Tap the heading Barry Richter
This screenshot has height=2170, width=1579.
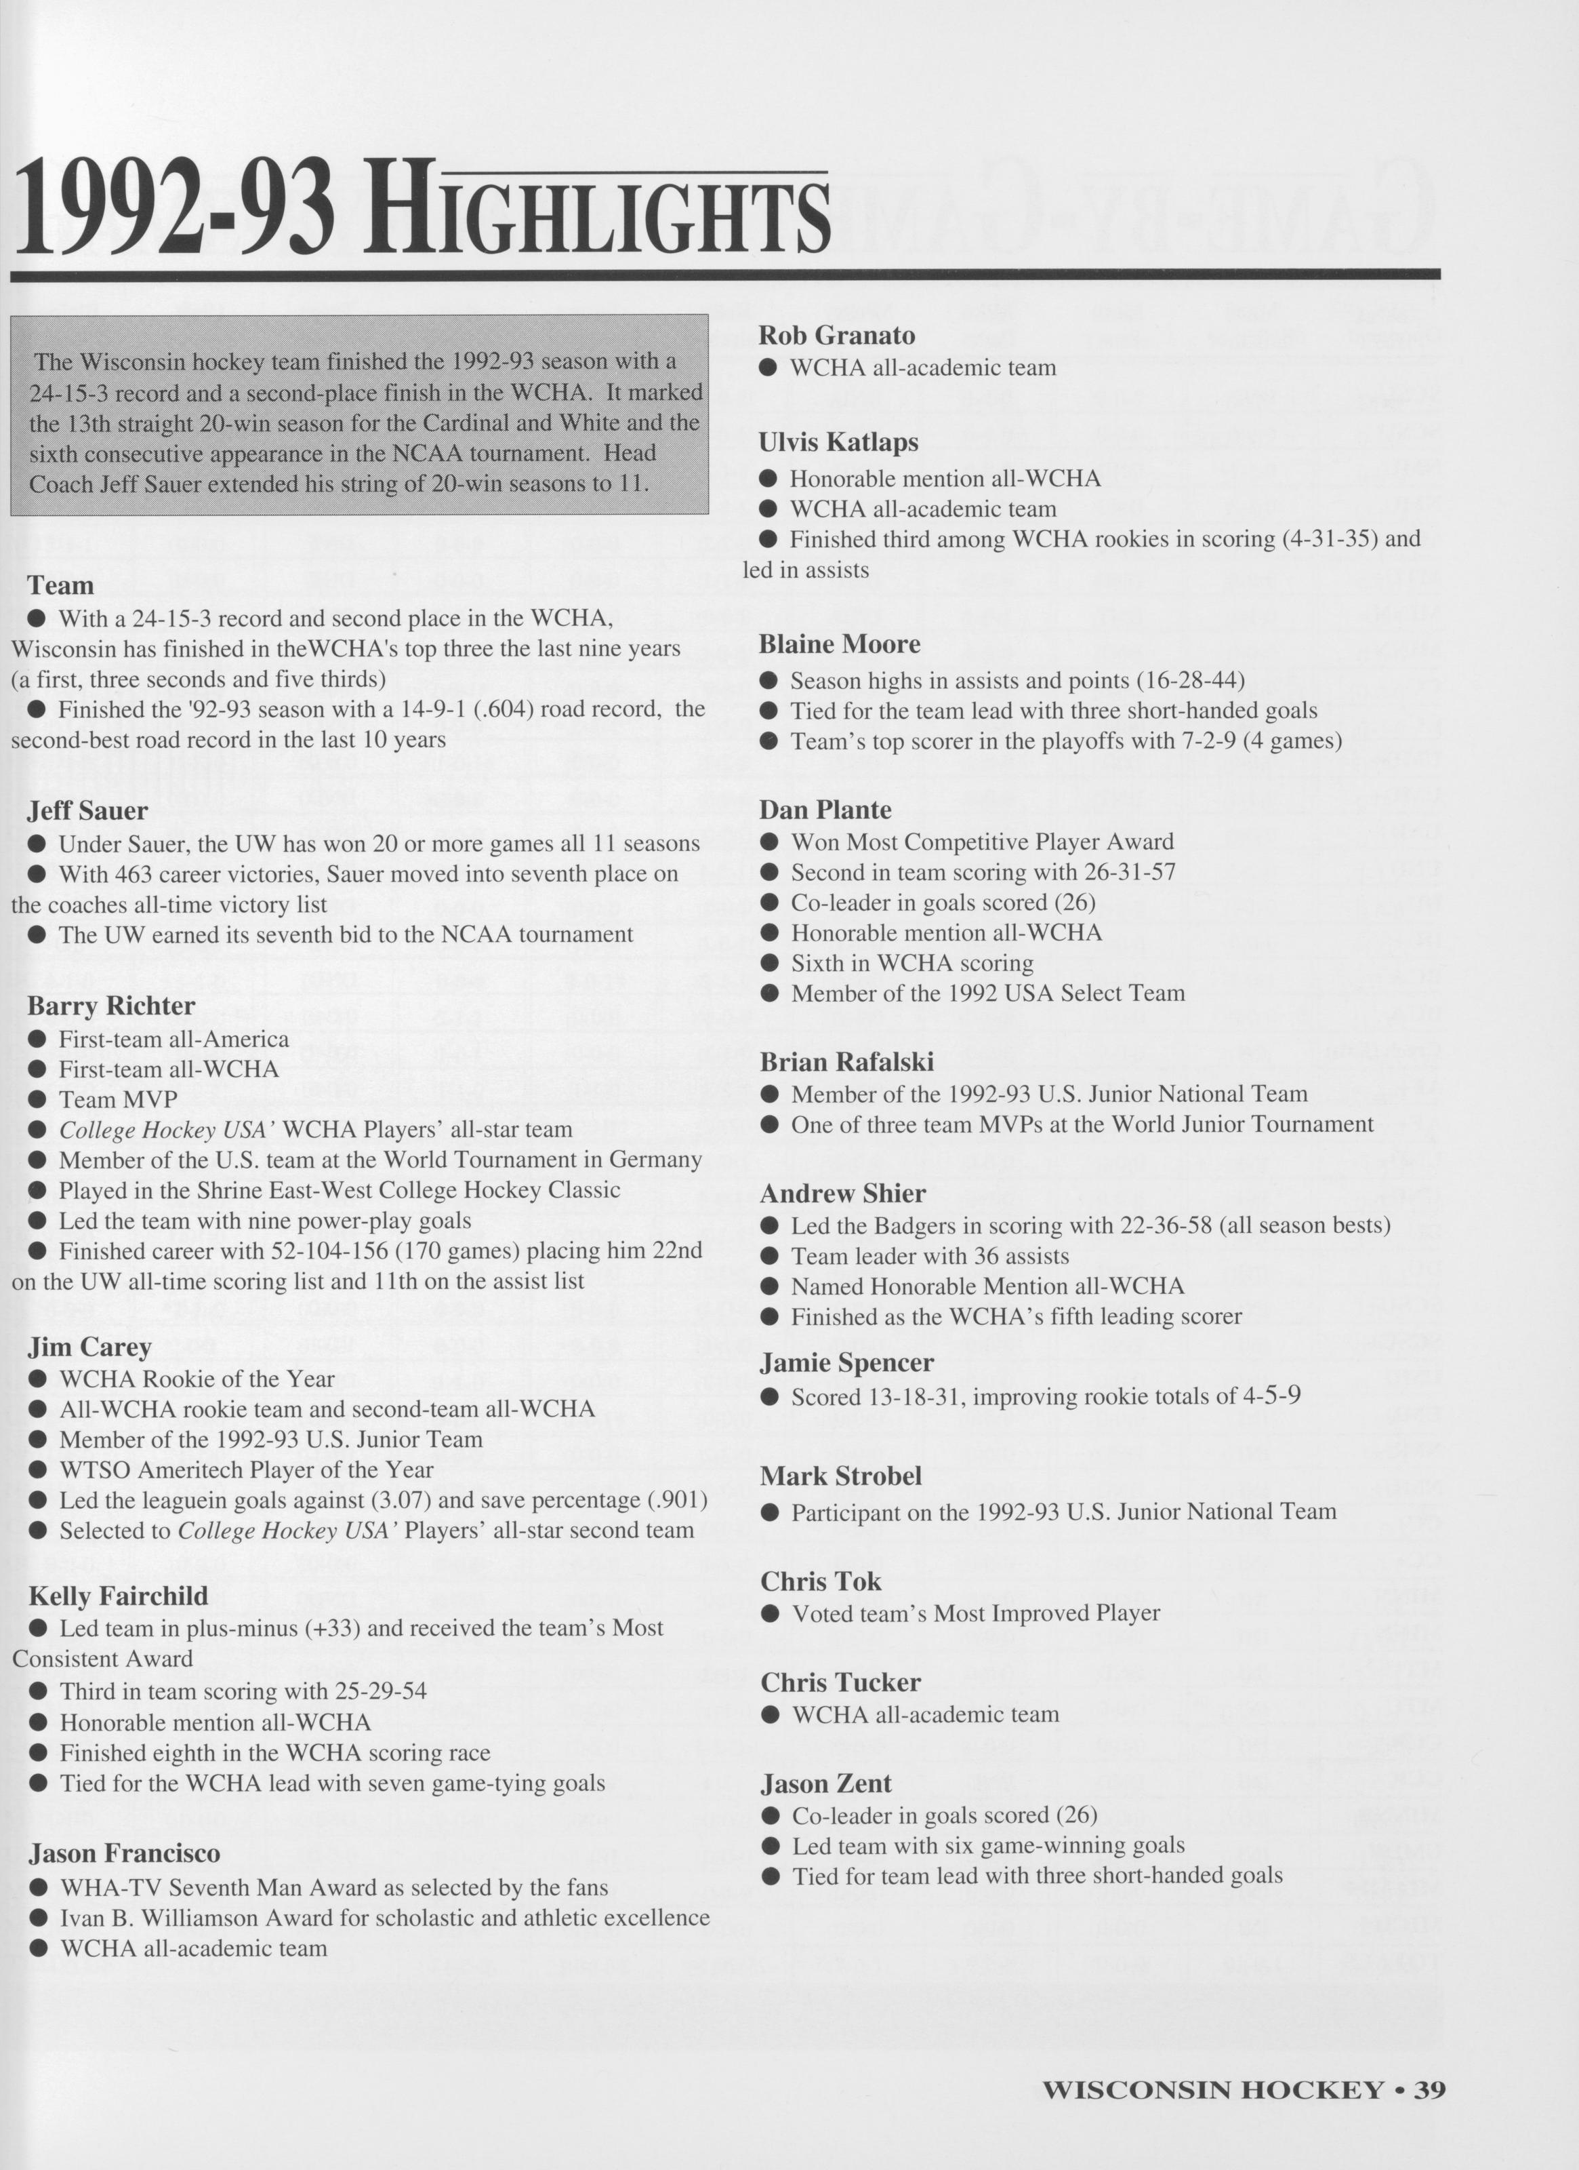tap(111, 1006)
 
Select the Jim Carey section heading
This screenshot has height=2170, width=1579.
tap(90, 1347)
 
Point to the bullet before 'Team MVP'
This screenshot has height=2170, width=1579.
tap(37, 1099)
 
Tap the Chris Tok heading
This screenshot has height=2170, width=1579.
tap(821, 1581)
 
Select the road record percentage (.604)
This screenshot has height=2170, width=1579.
tap(533, 709)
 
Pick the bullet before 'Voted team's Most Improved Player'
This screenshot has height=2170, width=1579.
tap(770, 1614)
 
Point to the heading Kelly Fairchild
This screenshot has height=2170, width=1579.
tap(118, 1596)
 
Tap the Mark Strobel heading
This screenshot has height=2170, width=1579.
tap(842, 1476)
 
